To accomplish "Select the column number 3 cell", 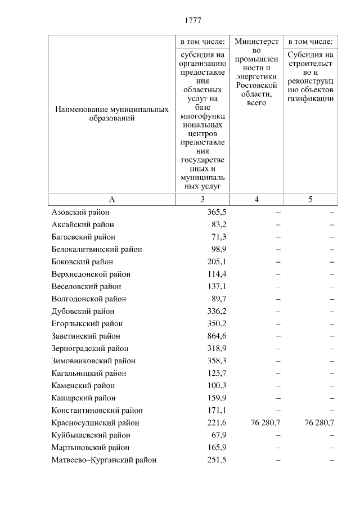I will click(202, 200).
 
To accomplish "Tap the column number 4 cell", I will click(256, 200).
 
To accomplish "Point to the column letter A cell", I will click(112, 200).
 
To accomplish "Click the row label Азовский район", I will click(80, 213).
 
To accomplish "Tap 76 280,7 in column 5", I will click(319, 423).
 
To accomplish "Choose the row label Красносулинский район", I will click(95, 423).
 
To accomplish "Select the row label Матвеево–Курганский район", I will click(103, 460).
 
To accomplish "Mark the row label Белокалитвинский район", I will click(97, 250).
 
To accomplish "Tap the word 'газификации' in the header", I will click(311, 98).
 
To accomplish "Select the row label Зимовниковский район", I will click(93, 361).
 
